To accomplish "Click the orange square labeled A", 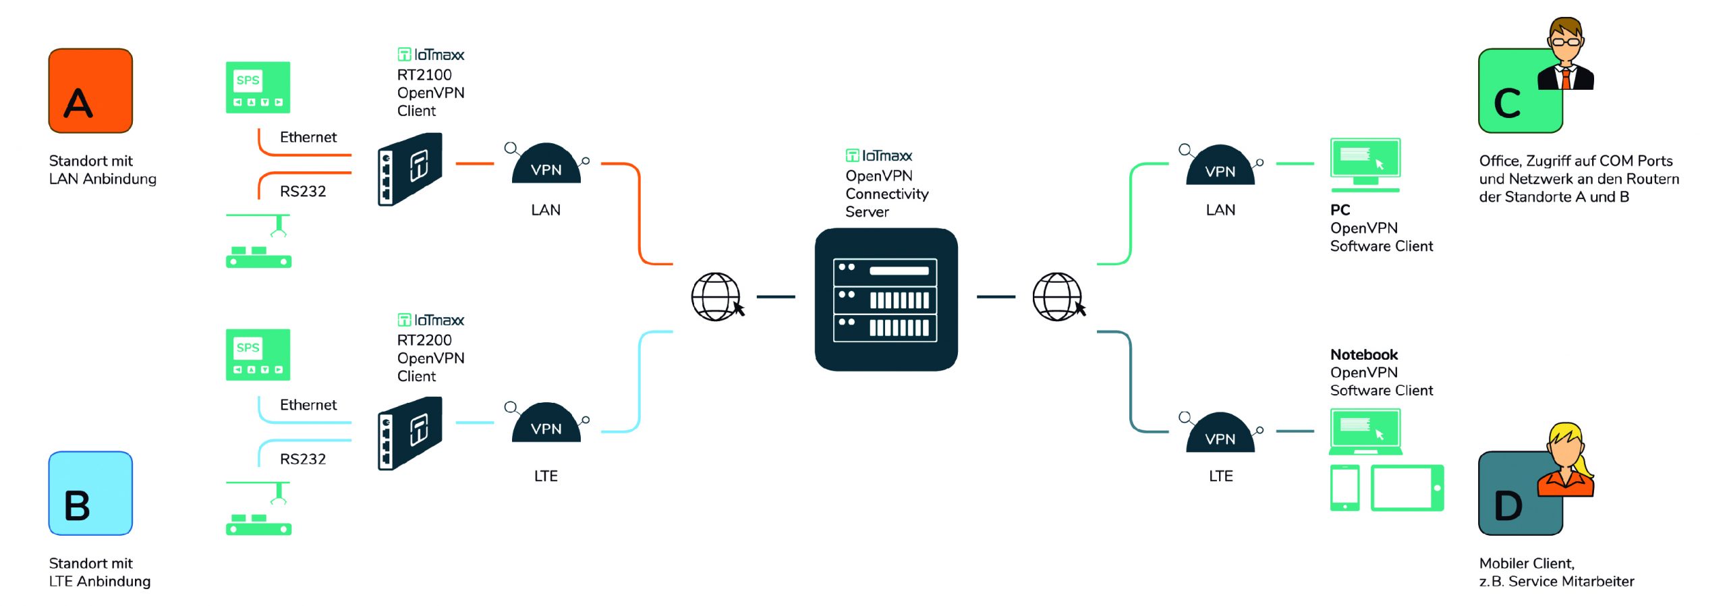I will point(90,90).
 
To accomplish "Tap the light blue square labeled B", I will point(90,493).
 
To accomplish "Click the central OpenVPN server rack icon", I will point(886,300).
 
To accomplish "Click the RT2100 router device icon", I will point(409,169).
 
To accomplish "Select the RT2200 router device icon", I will point(409,433).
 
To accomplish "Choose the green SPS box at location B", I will point(258,355).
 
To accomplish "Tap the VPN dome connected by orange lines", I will point(546,164).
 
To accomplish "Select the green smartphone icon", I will point(1344,487).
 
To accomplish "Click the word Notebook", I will point(1363,354).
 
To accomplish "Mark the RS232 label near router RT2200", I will point(303,460).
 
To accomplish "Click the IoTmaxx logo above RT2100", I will point(431,55).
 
